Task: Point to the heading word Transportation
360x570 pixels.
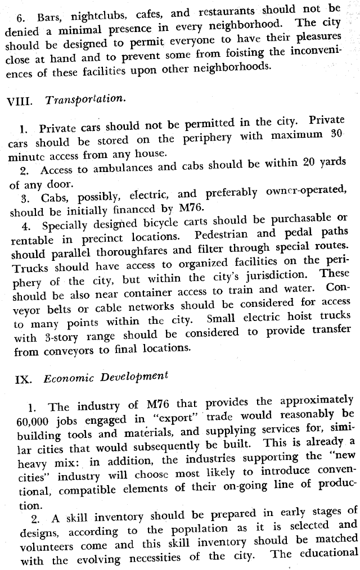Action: point(84,99)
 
